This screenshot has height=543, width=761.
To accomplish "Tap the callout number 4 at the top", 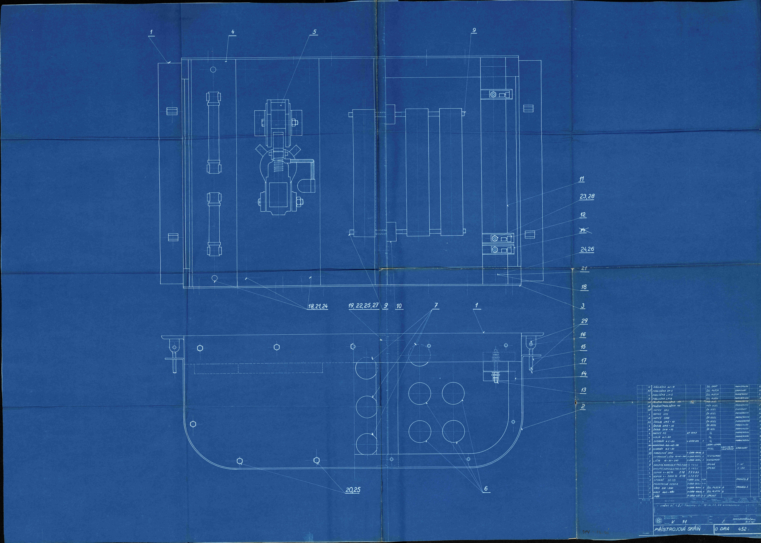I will [233, 32].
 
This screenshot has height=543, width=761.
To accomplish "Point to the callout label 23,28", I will [587, 197].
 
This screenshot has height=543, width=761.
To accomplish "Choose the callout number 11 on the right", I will [582, 179].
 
